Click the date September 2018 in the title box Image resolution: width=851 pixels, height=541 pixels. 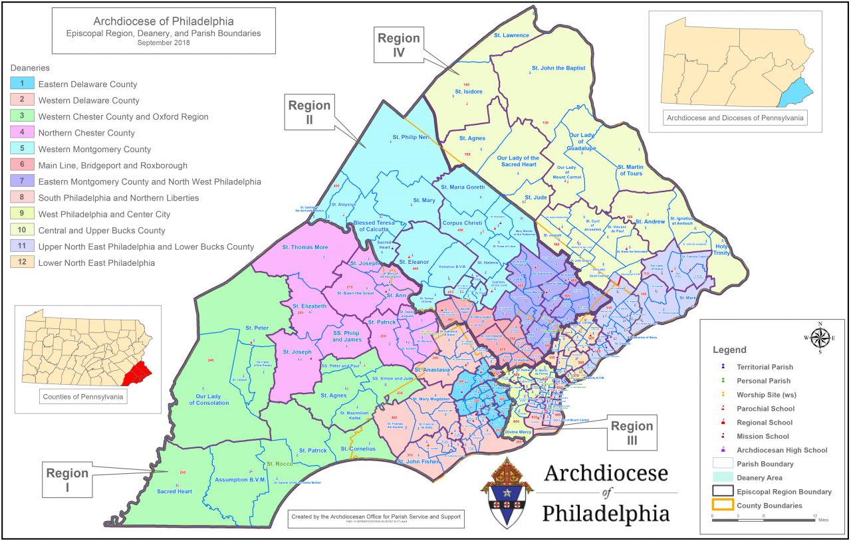(164, 43)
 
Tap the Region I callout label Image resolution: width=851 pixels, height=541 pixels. (67, 479)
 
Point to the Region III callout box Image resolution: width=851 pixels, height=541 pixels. (632, 433)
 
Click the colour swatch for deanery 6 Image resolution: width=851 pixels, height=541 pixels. (22, 165)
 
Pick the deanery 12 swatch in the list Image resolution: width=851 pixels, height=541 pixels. (22, 263)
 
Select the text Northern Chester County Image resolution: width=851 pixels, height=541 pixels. (86, 133)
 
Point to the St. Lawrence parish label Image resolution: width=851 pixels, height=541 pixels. (511, 35)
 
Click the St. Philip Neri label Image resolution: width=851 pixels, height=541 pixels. (409, 139)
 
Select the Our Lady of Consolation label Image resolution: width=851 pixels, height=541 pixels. (213, 400)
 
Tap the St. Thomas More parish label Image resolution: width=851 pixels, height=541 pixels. (305, 247)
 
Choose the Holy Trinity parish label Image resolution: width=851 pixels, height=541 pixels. (721, 249)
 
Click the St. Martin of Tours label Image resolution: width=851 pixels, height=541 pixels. (630, 170)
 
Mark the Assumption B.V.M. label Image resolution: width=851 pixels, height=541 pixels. (241, 479)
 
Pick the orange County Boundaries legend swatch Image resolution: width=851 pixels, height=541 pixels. (721, 506)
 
